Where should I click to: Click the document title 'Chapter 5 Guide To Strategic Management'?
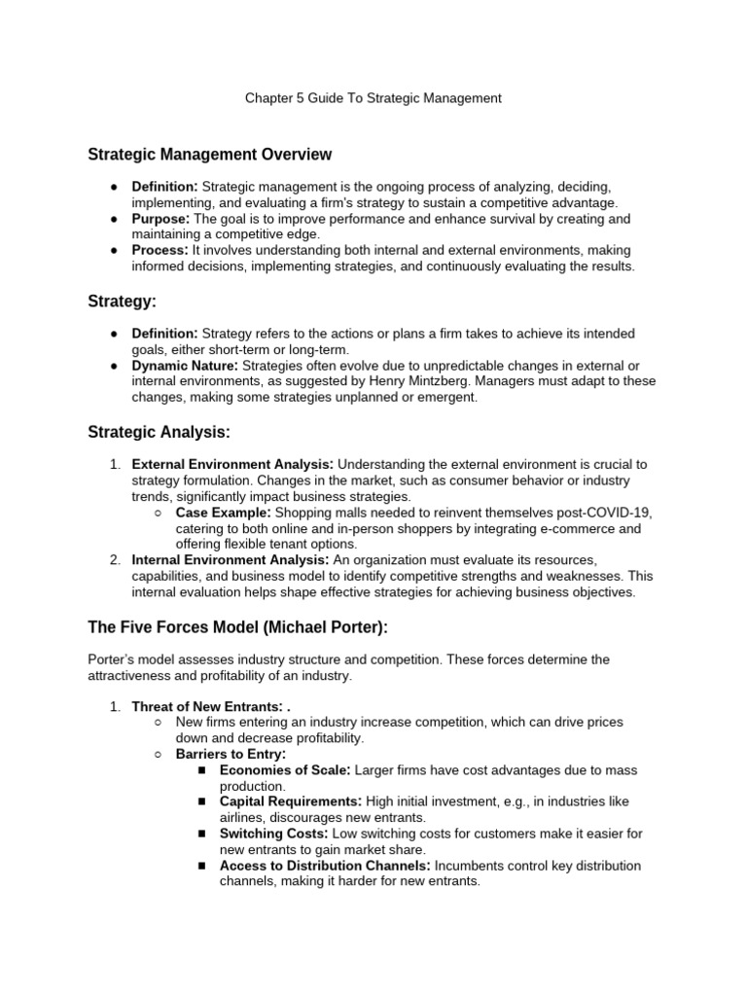point(373,97)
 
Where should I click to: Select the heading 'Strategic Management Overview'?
point(209,155)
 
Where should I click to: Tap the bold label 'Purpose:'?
point(160,219)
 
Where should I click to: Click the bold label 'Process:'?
point(160,250)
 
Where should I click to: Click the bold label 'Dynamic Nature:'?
point(185,366)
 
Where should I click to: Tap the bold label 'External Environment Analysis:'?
point(232,464)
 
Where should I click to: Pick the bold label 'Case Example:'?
point(223,512)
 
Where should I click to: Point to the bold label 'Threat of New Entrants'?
point(205,706)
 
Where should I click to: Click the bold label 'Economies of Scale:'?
point(285,770)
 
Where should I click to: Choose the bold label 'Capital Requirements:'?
point(291,801)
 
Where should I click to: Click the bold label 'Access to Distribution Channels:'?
point(325,866)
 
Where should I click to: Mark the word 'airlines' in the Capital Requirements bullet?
point(243,818)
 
